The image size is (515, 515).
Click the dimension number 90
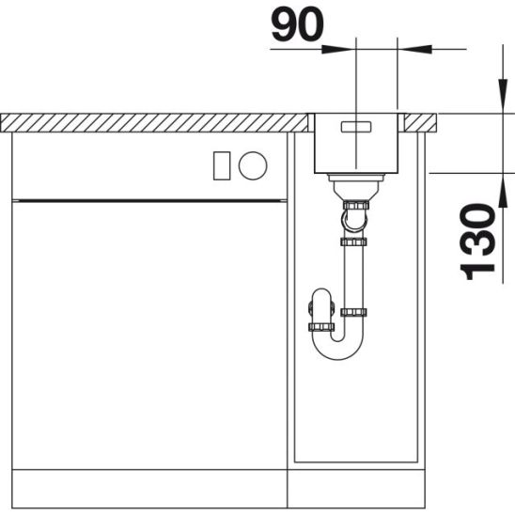click(x=297, y=24)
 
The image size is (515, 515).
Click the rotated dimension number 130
click(x=478, y=242)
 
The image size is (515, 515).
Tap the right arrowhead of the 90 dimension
click(x=414, y=49)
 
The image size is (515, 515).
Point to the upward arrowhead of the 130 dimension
click(x=503, y=191)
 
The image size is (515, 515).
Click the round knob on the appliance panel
click(x=253, y=165)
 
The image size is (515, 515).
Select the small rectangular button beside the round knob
click(x=222, y=165)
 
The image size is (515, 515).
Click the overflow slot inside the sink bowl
click(x=356, y=127)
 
